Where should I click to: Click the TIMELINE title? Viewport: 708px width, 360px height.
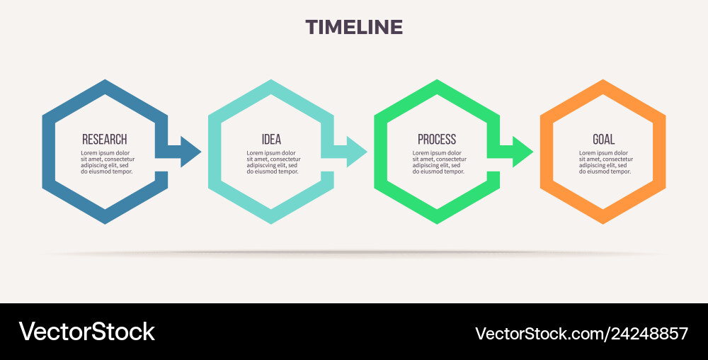[x=354, y=28]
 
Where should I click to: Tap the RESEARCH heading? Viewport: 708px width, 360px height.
[x=105, y=140]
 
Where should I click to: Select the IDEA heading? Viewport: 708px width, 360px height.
[x=271, y=140]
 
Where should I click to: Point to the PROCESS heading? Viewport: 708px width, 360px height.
[x=437, y=140]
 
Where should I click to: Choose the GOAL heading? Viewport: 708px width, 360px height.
[x=603, y=140]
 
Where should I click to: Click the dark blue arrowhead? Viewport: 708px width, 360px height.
[x=190, y=152]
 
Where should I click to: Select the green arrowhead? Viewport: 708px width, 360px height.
[x=523, y=152]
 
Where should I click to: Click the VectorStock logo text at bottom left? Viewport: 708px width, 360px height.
[x=86, y=332]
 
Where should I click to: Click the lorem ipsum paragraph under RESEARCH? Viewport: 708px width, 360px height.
[x=106, y=162]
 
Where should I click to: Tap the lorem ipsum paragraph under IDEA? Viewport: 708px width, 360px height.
[x=272, y=162]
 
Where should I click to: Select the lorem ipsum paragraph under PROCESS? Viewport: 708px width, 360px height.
[x=438, y=162]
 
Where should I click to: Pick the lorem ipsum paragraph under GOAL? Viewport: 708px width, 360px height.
[x=604, y=162]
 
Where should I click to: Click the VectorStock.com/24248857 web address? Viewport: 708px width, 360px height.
[x=581, y=333]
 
